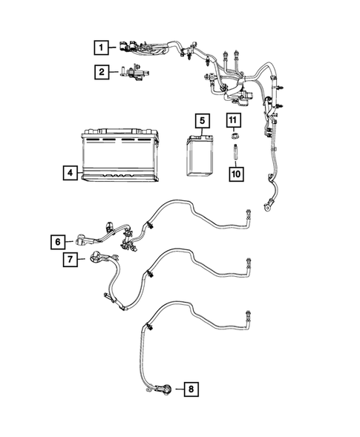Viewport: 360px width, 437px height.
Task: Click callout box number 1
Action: click(100, 47)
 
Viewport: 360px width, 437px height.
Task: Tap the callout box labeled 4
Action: click(68, 173)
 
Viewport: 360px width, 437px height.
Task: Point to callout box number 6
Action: click(57, 240)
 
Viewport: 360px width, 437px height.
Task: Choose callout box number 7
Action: click(68, 259)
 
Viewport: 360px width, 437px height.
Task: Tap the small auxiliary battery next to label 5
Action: click(199, 153)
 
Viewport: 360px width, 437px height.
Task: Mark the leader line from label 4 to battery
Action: click(78, 173)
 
